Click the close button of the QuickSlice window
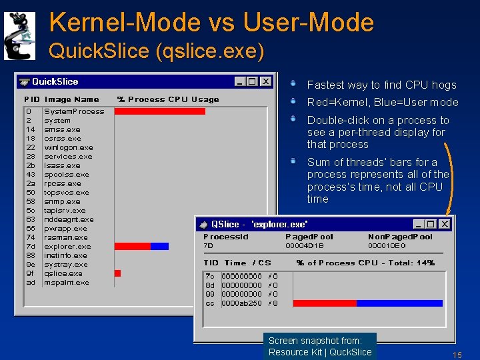(265, 81)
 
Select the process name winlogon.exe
(69, 147)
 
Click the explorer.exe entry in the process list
(67, 246)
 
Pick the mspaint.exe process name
(67, 282)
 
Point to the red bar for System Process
(159, 111)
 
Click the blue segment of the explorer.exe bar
(160, 246)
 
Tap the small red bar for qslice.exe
(117, 273)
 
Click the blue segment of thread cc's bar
(399, 303)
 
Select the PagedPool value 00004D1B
(305, 245)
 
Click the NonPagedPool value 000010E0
(387, 245)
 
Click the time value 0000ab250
(241, 303)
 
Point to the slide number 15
(457, 355)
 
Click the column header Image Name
(71, 99)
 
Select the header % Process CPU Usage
(168, 99)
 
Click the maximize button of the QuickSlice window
(252, 81)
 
